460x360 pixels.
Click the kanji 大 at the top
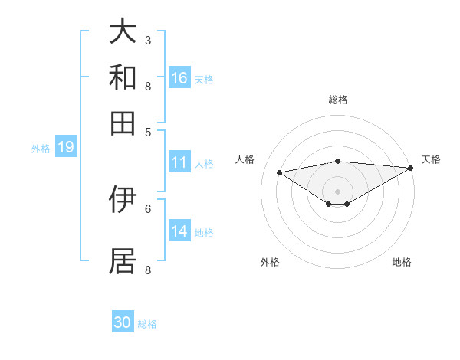(123, 32)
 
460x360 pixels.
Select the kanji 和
(123, 77)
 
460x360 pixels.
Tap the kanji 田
(123, 123)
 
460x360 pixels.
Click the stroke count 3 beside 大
(148, 40)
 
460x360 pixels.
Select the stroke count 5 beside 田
(148, 131)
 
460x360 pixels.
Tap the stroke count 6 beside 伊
(148, 208)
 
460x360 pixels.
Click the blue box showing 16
(179, 77)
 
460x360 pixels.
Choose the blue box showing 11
(179, 162)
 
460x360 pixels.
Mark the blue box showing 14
(179, 231)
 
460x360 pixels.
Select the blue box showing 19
(66, 147)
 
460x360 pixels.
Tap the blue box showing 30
(123, 322)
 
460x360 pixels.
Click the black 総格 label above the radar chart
(337, 100)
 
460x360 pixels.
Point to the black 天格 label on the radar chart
(431, 159)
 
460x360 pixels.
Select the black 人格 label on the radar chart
(245, 159)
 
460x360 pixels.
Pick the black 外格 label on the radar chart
(270, 262)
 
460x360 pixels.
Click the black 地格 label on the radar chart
(402, 262)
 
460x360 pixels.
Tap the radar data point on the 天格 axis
(411, 168)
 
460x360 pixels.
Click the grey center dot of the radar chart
(337, 191)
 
